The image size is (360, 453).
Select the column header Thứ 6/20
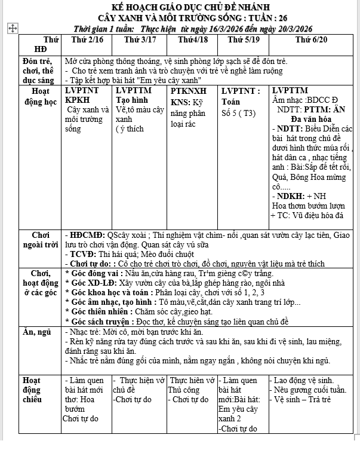(x=311, y=39)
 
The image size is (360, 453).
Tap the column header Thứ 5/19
(x=244, y=39)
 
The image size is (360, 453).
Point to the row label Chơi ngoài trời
(x=40, y=240)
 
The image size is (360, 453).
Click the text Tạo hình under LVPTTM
(x=133, y=100)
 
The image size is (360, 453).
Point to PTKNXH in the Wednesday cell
(x=189, y=91)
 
